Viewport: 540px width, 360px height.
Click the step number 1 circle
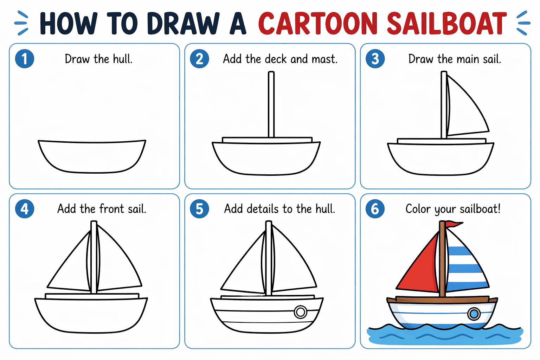25,59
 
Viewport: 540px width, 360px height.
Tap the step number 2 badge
199,59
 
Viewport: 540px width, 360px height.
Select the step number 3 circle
375,59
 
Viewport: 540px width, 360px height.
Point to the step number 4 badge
25,209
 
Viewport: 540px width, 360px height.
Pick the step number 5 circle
199,209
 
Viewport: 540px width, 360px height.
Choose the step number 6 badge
375,209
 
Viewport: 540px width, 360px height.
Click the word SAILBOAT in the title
447,24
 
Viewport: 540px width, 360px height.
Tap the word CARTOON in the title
318,24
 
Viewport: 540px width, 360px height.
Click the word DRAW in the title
183,24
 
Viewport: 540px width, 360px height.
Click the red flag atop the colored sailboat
454,224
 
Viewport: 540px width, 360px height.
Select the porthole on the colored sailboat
474,313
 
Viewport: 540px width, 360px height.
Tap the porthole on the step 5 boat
300,312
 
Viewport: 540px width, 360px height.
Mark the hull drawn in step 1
92,157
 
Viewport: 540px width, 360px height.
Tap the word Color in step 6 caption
418,209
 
